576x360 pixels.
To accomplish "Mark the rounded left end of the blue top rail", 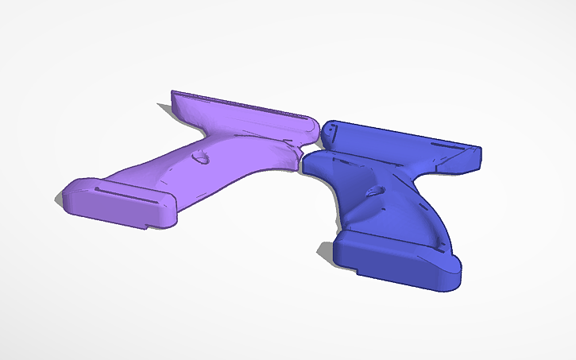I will pos(328,130).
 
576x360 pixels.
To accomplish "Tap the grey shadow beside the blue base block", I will pos(326,252).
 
